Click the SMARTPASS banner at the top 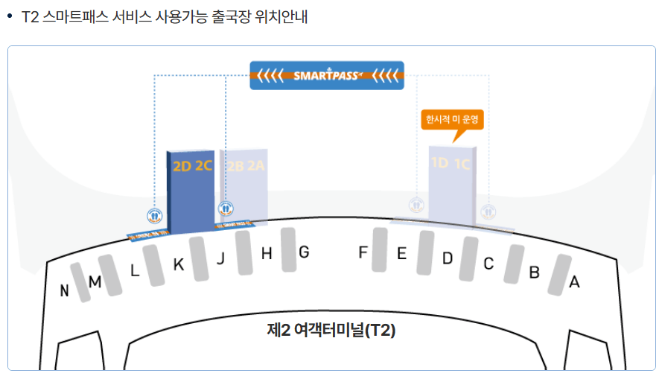[x=327, y=74]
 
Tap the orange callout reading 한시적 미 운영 [x=453, y=119]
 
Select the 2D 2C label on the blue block [x=193, y=167]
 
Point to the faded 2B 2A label [x=246, y=167]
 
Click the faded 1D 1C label [x=451, y=164]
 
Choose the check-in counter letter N [x=65, y=291]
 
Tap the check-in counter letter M [x=95, y=282]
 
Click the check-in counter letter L [x=135, y=271]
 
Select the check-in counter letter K [x=178, y=264]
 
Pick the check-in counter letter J [x=220, y=259]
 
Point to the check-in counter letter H [x=267, y=254]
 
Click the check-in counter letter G [x=304, y=252]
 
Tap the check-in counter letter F [x=363, y=252]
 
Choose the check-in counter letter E [x=401, y=254]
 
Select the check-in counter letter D [x=448, y=259]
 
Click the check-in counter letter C [x=488, y=264]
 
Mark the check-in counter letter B [x=534, y=273]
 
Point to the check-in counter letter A [x=574, y=282]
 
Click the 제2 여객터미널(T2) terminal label [x=331, y=330]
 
